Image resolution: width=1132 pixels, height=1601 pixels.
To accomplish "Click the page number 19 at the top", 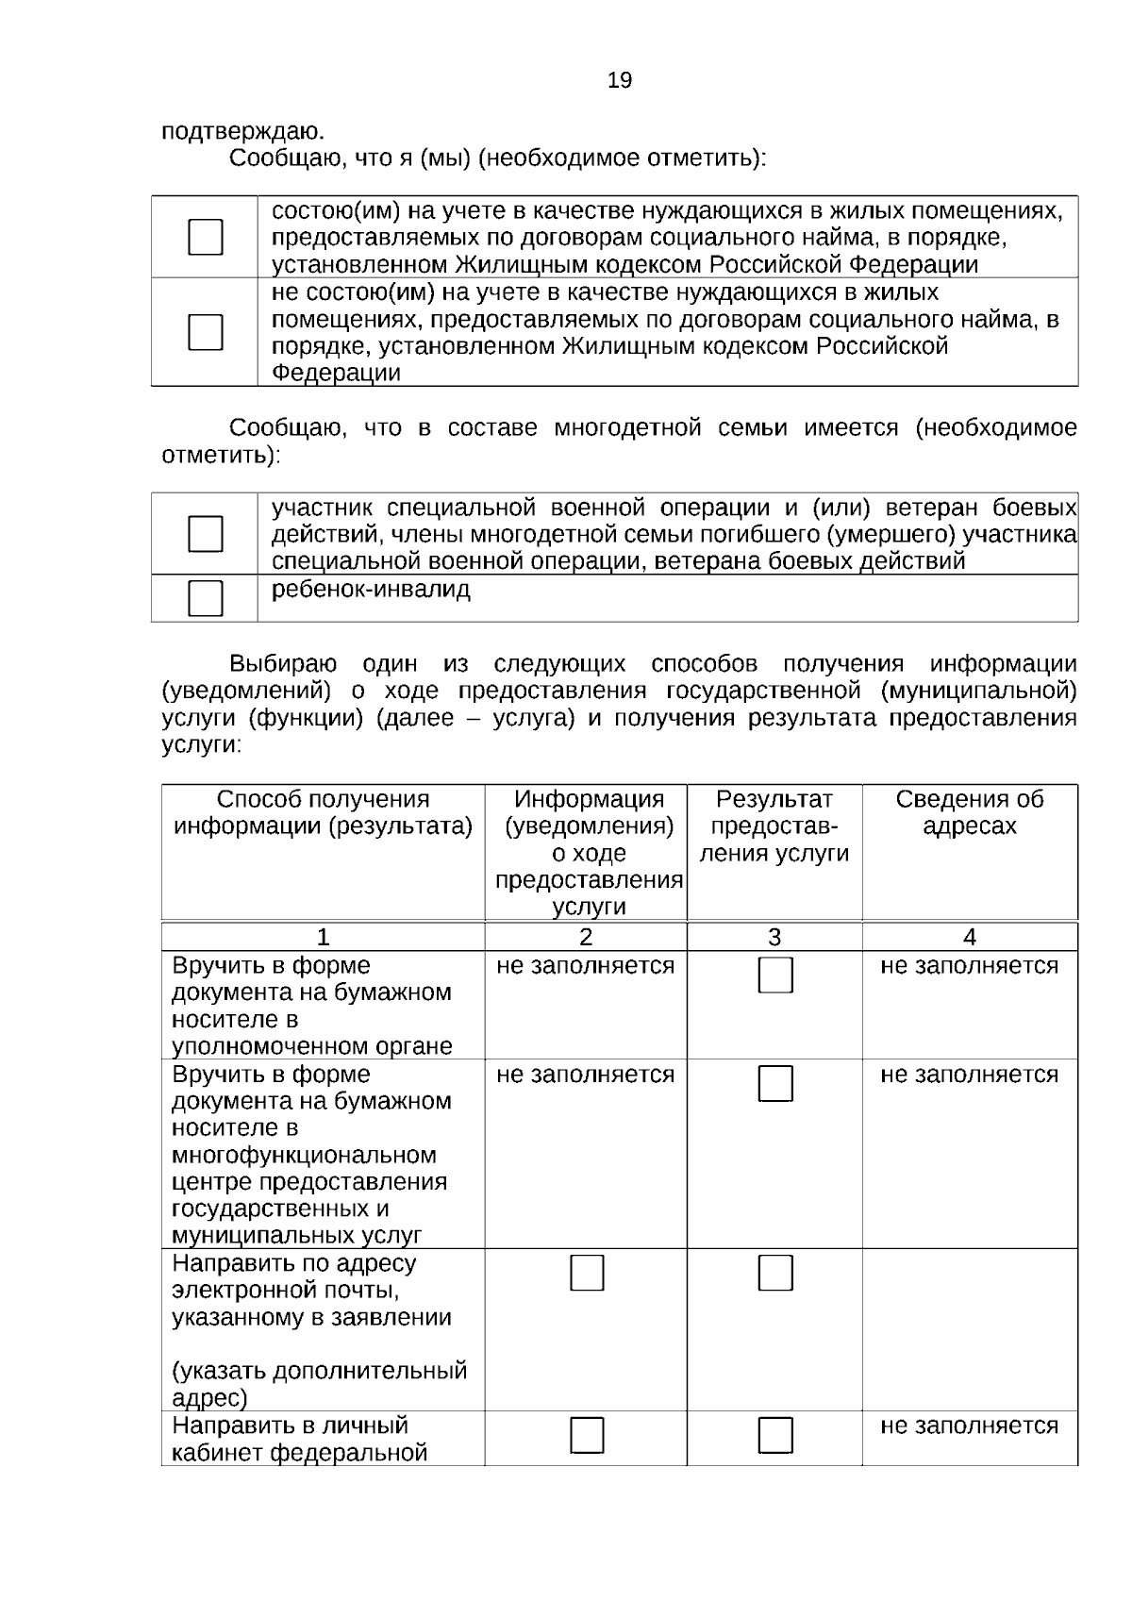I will coord(620,80).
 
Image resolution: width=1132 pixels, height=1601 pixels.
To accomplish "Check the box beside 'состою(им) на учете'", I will coord(206,237).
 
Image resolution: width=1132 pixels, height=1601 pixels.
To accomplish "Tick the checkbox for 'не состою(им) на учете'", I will coord(206,332).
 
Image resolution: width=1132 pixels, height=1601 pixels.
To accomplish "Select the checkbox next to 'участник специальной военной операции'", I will coord(206,534).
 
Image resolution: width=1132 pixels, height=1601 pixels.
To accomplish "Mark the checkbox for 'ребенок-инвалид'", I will coord(206,598).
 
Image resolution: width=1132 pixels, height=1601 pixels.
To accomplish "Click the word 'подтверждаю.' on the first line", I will coord(243,131).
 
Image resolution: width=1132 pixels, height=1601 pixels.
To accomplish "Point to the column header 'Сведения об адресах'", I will coord(969,812).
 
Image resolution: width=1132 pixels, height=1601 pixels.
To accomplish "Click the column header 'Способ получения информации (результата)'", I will coord(323,812).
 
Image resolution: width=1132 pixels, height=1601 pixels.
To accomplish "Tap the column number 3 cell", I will coord(774,937).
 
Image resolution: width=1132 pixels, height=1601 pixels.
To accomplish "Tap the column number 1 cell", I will coord(323,937).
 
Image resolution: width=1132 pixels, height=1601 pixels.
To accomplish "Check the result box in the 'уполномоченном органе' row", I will coord(775,976).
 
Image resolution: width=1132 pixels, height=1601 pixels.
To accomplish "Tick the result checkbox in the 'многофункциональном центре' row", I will coord(775,1084).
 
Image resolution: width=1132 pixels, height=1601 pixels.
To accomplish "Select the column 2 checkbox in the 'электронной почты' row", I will coord(587,1273).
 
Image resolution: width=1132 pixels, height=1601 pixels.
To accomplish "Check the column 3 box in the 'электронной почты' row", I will coord(775,1273).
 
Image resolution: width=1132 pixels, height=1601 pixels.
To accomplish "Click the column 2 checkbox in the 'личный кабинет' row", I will coord(587,1435).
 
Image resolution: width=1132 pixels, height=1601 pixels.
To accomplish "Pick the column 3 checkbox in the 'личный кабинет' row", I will coord(775,1435).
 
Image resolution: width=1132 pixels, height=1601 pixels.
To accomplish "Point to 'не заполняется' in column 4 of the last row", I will coord(969,1426).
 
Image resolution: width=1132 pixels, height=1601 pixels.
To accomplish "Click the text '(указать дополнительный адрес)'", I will coord(319,1383).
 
